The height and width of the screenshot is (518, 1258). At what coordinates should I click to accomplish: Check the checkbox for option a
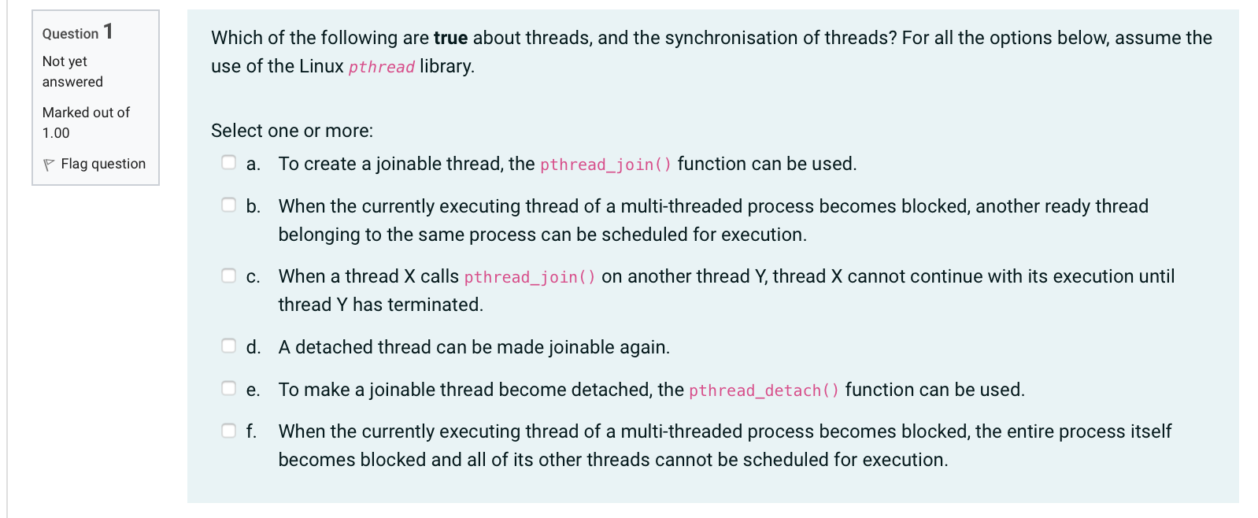pos(229,162)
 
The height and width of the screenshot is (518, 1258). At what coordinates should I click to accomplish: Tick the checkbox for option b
pos(229,205)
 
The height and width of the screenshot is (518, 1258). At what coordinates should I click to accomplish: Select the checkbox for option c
pos(229,276)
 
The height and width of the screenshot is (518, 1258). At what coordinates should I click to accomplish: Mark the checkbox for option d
pos(229,346)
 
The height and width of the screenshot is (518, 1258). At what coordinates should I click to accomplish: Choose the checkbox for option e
pos(229,388)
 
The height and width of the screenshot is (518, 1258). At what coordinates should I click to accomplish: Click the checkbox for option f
pos(229,431)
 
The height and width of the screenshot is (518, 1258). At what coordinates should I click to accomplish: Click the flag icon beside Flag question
pos(49,165)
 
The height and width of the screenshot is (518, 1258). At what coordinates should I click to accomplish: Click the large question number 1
pos(108,31)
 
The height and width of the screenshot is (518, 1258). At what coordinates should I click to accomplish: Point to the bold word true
pos(450,38)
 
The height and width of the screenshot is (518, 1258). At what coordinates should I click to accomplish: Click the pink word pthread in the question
pos(381,67)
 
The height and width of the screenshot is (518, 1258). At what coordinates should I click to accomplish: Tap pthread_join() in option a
pos(605,165)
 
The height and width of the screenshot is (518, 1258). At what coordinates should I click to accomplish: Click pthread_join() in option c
pos(530,277)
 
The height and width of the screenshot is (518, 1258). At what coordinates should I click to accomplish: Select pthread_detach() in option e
pos(764,390)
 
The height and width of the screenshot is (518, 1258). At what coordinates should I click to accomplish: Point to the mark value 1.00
pos(56,133)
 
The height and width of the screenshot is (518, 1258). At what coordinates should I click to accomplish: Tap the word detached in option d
pos(332,347)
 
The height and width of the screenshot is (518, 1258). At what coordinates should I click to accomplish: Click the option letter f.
pos(251,431)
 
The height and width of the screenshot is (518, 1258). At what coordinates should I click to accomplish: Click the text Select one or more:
pos(292,131)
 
